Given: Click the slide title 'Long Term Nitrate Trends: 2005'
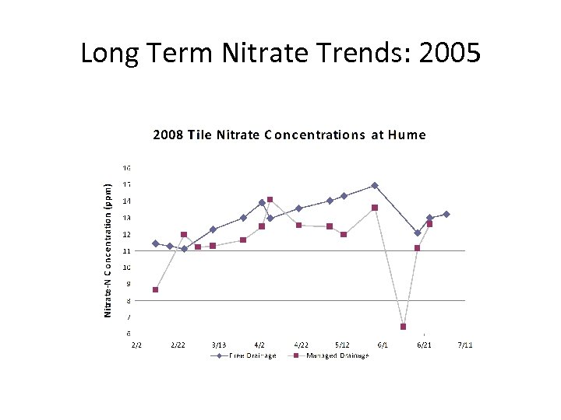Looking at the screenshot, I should (x=280, y=54).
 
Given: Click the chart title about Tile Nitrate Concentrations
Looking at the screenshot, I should (x=289, y=135).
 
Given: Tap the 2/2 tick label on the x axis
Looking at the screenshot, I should (x=136, y=345).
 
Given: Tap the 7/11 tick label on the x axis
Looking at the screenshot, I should (x=464, y=345).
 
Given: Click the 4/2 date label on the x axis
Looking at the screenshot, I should (x=259, y=345).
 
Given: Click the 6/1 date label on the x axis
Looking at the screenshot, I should (x=383, y=345).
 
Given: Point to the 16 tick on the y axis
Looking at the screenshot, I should (x=126, y=168).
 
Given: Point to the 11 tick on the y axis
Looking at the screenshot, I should (x=126, y=251).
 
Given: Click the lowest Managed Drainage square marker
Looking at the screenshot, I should (x=403, y=327).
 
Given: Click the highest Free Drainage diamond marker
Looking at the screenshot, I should (x=375, y=185).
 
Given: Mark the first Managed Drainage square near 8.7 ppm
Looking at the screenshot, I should (x=156, y=289).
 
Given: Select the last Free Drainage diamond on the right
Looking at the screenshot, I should (x=446, y=214).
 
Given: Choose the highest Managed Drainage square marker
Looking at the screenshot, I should (x=270, y=200).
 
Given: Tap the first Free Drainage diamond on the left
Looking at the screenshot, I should (x=156, y=243).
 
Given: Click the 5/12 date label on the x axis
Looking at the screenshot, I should (x=341, y=345).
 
